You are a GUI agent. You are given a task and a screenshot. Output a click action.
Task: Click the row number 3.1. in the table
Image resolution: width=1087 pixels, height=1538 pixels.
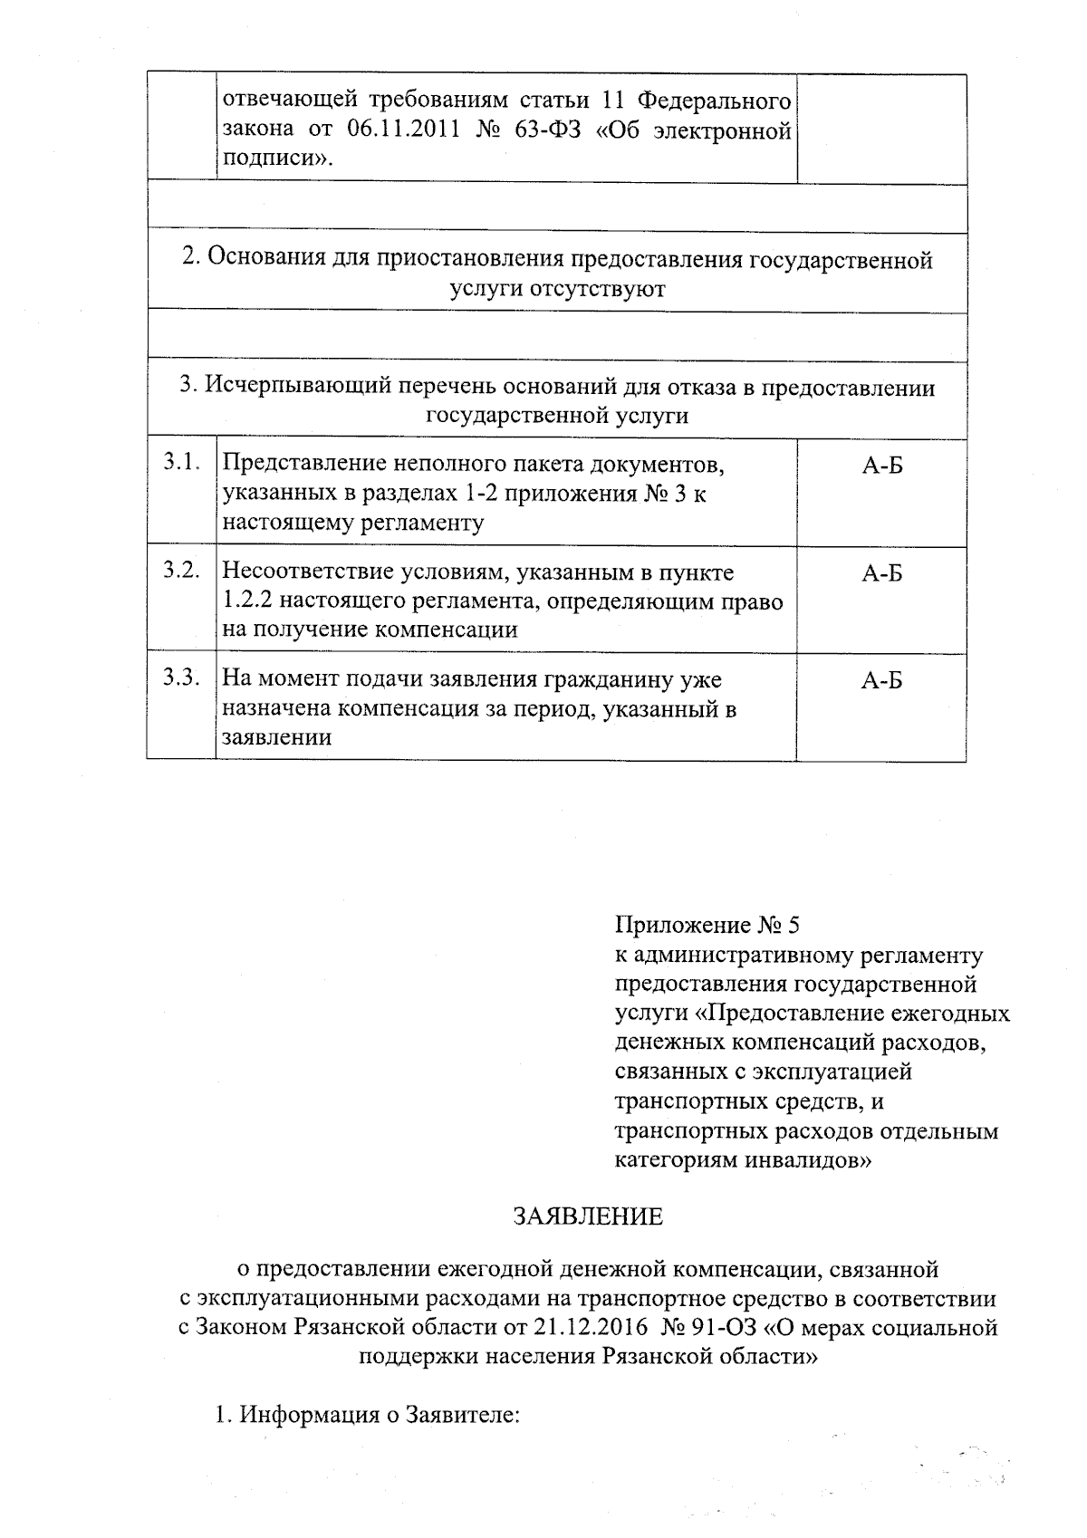tap(180, 464)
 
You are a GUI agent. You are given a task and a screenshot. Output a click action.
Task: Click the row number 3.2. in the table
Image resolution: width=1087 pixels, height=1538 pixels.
tap(180, 571)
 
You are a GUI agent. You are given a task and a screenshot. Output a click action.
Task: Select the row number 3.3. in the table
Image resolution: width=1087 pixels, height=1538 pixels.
tap(180, 678)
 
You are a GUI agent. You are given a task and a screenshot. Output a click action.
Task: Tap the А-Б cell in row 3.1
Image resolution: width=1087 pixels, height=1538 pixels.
tap(881, 466)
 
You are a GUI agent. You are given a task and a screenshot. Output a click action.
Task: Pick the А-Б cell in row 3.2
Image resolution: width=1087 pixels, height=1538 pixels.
tap(881, 573)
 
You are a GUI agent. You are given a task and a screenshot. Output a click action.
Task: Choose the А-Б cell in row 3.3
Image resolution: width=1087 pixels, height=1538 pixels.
tap(881, 681)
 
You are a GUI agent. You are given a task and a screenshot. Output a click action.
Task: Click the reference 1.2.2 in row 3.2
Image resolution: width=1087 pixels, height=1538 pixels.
tap(243, 601)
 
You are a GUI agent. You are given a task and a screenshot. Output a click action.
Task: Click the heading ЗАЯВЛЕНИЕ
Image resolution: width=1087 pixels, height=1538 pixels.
tap(589, 1216)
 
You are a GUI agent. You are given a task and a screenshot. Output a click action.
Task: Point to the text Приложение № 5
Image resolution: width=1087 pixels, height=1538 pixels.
tap(707, 926)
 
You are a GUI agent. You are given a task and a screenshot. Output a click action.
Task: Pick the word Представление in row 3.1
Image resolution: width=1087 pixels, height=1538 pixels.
tap(303, 465)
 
